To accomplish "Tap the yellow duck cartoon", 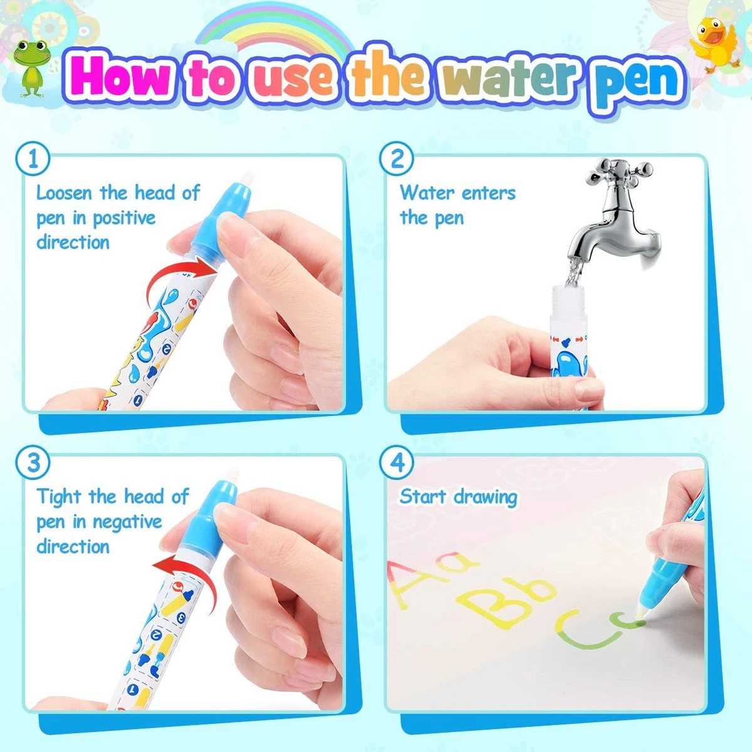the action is point(716,46).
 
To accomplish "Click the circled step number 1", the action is point(33,159).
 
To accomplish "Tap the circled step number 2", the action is point(397,159).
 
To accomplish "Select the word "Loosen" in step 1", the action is point(65,193).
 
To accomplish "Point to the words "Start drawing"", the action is point(458,497).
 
